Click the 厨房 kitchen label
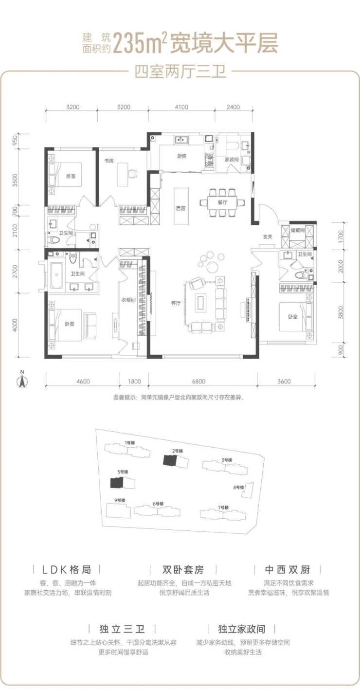coord(181,156)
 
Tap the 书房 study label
coord(109,161)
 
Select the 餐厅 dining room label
coord(222,202)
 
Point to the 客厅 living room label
coord(176,303)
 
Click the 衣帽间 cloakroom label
coord(128,300)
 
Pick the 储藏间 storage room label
coord(297,230)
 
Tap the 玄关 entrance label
coord(268,236)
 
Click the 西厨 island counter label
coord(181,209)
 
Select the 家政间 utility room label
coord(232,160)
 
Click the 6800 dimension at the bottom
coord(198,382)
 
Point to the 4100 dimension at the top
coord(181,107)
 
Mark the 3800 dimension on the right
coord(341,312)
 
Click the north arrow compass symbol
coord(22,380)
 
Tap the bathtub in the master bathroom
coord(56,275)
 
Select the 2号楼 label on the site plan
coord(178,451)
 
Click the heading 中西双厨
coord(288,569)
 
